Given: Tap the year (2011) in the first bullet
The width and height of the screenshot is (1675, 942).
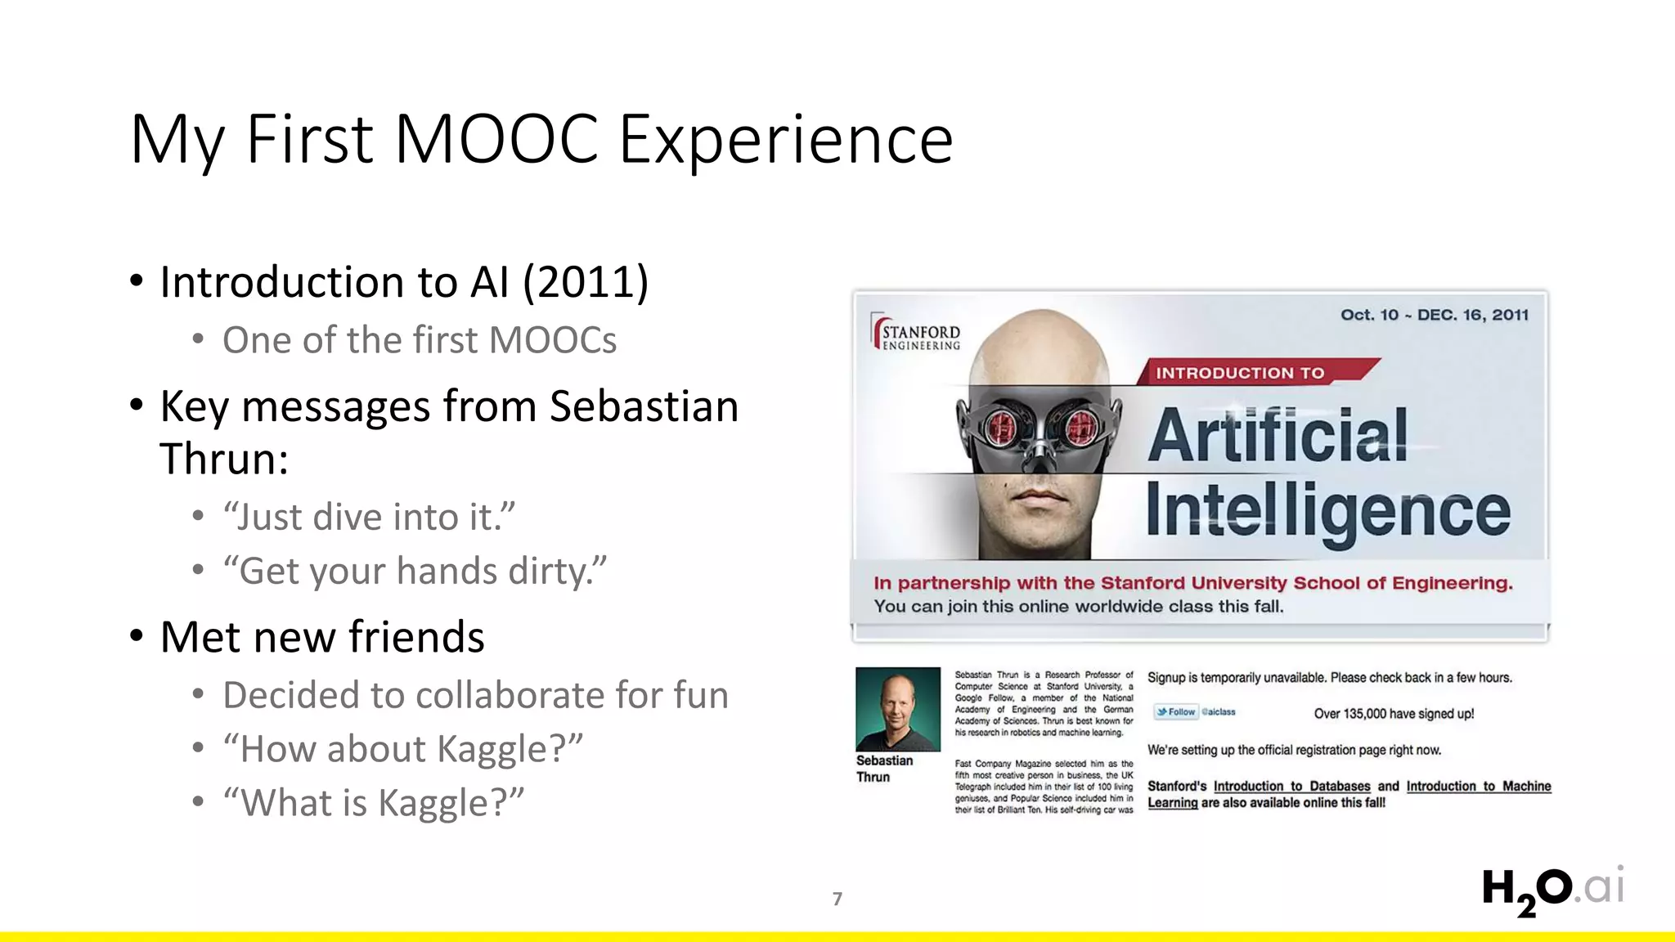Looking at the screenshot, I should tap(586, 282).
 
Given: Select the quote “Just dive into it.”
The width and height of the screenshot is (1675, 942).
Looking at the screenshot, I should tap(370, 517).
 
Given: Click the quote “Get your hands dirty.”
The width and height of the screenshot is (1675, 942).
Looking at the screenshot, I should tap(415, 571).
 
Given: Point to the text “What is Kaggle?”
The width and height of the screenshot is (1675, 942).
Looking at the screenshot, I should tap(374, 802).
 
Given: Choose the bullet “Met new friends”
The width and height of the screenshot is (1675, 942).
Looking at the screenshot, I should tap(322, 637).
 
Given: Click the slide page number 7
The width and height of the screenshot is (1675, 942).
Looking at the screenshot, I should tap(837, 899).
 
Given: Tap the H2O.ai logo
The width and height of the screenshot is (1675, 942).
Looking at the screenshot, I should tap(1552, 889).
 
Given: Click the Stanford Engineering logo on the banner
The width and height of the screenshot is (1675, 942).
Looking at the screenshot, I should tap(917, 334).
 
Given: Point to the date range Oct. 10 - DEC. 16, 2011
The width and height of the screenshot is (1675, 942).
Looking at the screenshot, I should tap(1434, 315).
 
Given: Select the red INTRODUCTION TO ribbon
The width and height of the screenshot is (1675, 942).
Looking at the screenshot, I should tap(1251, 372).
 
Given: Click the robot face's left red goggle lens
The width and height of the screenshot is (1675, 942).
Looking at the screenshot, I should tap(999, 426).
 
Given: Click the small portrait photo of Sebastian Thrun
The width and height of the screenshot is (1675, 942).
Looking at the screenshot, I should tap(897, 708).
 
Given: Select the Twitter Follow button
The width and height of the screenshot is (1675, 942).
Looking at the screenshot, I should tap(1176, 711).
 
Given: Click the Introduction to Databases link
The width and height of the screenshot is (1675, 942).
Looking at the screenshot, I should tap(1291, 786).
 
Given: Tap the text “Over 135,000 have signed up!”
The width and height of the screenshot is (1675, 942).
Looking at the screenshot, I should tap(1394, 713).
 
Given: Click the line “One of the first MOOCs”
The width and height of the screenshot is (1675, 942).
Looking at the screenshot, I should tap(420, 340).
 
